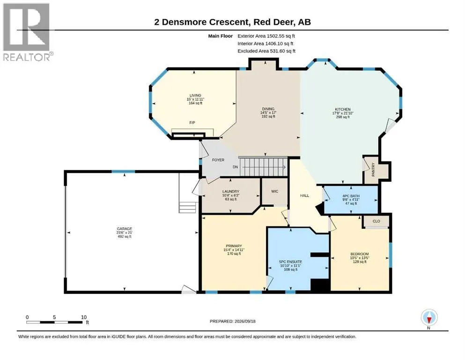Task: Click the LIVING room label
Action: (195, 96)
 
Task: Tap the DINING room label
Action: (268, 109)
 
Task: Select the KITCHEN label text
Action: (343, 110)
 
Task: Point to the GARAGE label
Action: (124, 229)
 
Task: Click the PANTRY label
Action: (373, 170)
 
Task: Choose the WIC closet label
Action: (274, 191)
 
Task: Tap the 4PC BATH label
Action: (351, 196)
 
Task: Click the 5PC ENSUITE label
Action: (291, 262)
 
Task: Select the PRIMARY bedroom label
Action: (234, 246)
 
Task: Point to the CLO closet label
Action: (376, 221)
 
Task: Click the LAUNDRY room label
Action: (231, 192)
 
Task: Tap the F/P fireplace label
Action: (192, 122)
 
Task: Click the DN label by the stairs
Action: (235, 167)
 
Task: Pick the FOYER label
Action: (218, 160)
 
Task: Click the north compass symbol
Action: (429, 318)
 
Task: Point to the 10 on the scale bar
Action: (84, 317)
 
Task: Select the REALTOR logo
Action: (27, 32)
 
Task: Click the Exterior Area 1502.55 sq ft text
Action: (266, 36)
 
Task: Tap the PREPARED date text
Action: (232, 321)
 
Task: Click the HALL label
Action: (304, 195)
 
